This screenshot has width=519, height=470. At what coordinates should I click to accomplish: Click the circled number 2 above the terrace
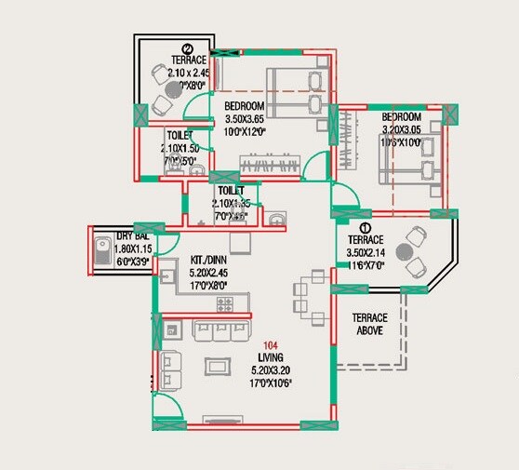(x=187, y=49)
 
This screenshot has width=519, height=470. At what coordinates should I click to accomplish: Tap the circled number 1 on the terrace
(x=366, y=226)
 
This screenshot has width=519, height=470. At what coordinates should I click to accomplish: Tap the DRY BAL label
(x=134, y=237)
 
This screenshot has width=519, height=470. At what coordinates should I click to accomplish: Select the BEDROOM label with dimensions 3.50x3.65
(x=245, y=106)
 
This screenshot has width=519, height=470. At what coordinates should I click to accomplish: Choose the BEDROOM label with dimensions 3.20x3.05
(x=402, y=117)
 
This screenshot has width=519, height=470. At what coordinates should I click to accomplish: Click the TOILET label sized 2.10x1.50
(x=180, y=135)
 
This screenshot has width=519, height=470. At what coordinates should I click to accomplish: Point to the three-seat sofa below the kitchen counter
(x=220, y=329)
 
